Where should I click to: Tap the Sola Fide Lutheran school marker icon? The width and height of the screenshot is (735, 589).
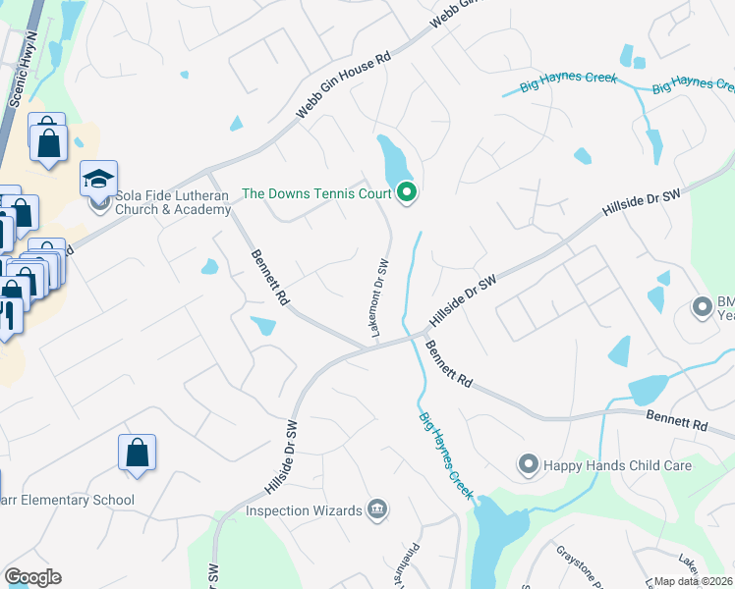coord(98,179)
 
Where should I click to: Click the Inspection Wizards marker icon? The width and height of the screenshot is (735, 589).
coord(376,509)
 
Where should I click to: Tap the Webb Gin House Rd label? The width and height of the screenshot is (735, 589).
coord(344,86)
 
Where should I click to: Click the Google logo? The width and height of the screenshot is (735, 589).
coord(32,577)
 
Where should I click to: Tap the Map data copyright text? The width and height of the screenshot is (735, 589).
coord(694,581)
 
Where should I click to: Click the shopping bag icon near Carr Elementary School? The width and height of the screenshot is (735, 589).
coord(138,453)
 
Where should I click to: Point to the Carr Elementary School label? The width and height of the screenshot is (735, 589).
coord(68,501)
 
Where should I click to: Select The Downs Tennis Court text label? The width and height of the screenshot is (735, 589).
coord(315,193)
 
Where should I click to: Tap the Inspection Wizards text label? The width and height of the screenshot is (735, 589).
coord(303,510)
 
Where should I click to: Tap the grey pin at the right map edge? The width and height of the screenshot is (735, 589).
coord(702,307)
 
